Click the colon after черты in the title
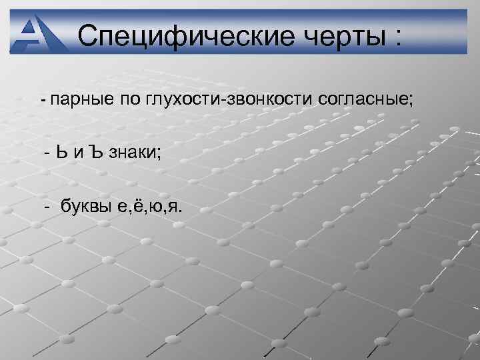398,36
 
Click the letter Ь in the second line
63,153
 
